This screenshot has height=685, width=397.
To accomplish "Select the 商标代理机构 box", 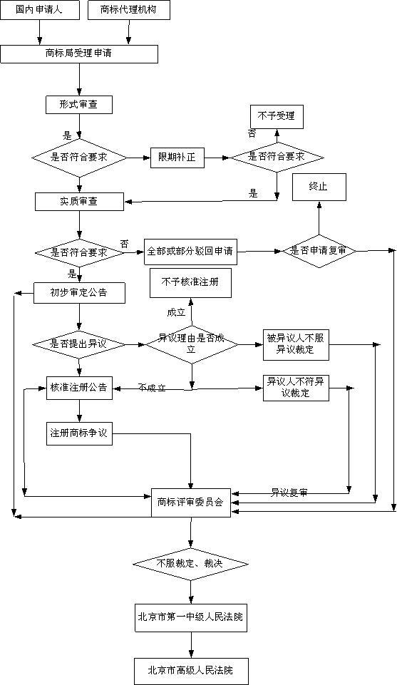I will [129, 10].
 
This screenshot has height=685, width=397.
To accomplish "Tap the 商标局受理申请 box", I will [78, 53].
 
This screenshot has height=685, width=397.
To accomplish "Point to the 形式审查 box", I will [78, 105].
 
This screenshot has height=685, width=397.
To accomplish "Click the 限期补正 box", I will [177, 157].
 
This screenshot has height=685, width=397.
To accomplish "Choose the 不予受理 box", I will [276, 116].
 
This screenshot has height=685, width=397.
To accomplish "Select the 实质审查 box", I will [78, 201].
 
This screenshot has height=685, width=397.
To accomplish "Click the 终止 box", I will [318, 186].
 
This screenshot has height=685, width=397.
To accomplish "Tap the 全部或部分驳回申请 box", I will [190, 252].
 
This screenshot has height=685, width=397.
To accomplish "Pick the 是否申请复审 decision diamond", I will [319, 251].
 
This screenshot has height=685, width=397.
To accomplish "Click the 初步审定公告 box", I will [78, 292].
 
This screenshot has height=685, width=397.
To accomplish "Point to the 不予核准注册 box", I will [190, 283].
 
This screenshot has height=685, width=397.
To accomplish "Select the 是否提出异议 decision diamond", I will [78, 344].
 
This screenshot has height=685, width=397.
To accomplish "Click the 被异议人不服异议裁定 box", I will [295, 345].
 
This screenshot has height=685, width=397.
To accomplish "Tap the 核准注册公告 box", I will [78, 388].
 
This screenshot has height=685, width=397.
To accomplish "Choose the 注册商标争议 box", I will [78, 433].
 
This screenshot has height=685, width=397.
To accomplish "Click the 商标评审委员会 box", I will [190, 503].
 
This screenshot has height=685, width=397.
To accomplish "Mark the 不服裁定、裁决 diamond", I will [190, 564].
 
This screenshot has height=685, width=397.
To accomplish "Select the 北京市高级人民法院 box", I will [190, 670].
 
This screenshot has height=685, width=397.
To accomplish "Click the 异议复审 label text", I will [289, 493].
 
